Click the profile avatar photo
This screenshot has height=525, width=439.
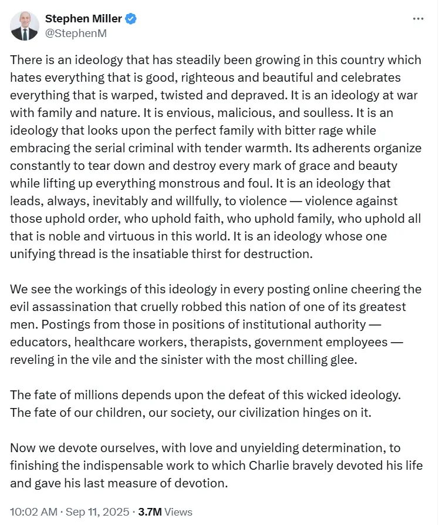(x=25, y=26)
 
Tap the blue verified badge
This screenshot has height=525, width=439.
(x=131, y=19)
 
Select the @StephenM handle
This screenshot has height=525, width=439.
(x=76, y=33)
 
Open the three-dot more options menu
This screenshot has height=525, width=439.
(x=418, y=19)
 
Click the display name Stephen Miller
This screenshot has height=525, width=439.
(x=83, y=19)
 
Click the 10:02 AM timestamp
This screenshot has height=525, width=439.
(x=33, y=511)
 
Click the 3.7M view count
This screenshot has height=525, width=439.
(x=150, y=511)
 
